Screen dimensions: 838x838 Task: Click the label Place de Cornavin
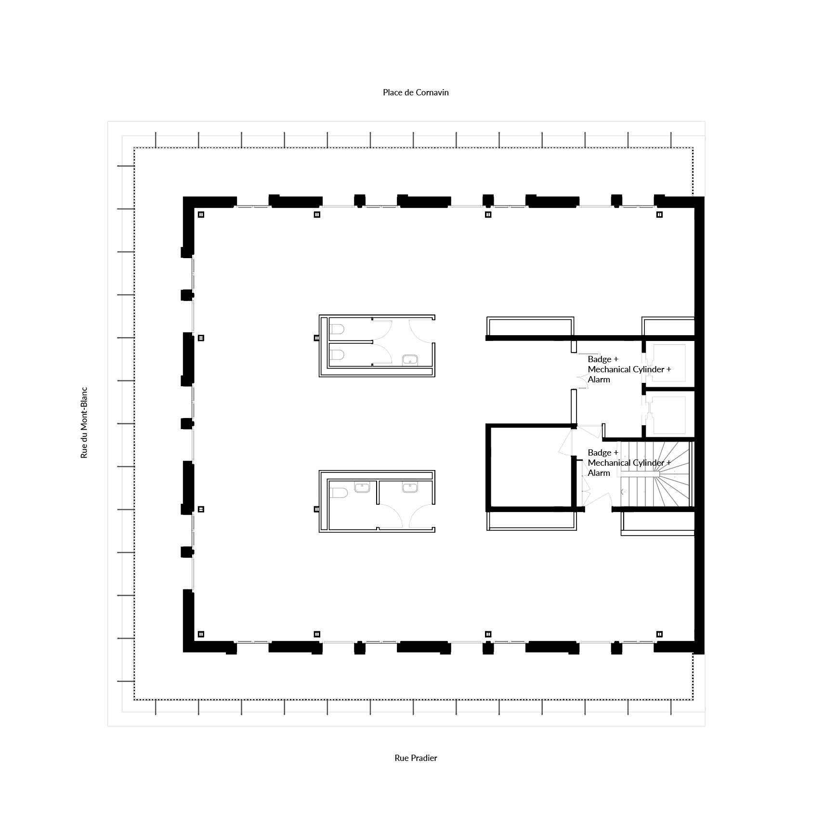coord(416,92)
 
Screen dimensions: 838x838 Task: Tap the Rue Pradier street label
coord(416,758)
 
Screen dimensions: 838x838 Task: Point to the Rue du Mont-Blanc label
coord(84,422)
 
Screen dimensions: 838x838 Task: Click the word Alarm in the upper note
coord(599,380)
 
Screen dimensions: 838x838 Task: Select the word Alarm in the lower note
coord(599,473)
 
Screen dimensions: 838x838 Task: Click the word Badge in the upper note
coord(600,359)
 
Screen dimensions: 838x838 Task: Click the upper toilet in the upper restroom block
coord(337,329)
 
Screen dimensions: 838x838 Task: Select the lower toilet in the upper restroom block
coord(337,355)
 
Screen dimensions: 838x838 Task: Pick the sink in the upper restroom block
coord(410,360)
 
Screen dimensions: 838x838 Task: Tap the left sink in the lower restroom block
coord(362,487)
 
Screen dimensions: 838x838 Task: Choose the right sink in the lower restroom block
coord(410,487)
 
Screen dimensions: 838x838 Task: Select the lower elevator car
coord(668,415)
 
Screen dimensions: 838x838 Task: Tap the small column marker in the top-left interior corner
coord(201,215)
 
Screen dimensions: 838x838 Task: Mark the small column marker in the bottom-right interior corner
coord(660,634)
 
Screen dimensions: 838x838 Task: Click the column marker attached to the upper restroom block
coord(316,338)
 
